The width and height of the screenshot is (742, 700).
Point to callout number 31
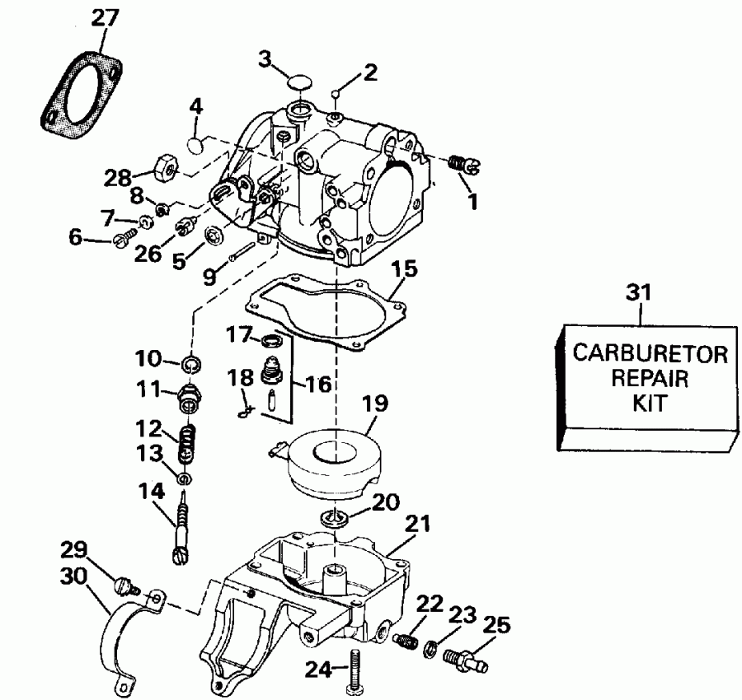[642, 292]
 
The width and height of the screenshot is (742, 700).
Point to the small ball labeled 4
[195, 144]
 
